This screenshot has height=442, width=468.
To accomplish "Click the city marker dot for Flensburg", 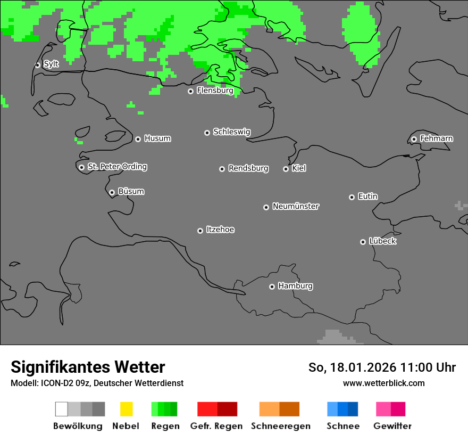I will point(190,91).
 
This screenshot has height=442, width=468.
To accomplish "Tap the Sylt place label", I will point(51,64).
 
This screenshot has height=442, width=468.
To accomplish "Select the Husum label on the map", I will point(157,138).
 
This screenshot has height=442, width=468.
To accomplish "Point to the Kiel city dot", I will point(286,169).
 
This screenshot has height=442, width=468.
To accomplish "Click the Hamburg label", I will point(295,286).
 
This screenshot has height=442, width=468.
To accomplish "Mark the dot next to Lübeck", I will point(363,242).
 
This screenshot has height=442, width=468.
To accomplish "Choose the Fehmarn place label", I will point(436,138).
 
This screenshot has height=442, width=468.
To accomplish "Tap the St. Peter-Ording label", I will point(117,167).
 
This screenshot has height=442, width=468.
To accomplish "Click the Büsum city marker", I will point(112,192).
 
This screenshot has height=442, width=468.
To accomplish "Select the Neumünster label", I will point(296,206).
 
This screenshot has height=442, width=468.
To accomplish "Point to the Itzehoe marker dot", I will point(200,231).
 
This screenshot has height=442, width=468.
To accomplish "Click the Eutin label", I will point(367,197).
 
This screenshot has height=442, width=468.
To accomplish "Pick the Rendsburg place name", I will point(248,168).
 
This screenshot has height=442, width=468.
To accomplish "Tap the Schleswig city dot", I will point(207,133).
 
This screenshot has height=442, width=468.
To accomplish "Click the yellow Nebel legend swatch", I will point(126,409).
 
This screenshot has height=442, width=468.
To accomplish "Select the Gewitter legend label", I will point(392,426).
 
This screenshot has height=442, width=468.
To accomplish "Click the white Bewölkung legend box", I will point(62,409).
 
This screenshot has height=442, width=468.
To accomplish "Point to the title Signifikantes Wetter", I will point(88,367).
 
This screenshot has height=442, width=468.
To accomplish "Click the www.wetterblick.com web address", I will point(383,383).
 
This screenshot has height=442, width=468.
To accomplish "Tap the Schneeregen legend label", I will point(281,426).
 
